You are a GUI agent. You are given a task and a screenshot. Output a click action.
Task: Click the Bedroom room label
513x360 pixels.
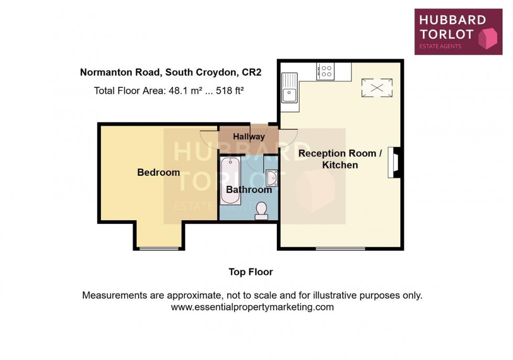click(158, 172)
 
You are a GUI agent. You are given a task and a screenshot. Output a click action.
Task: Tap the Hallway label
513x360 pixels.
click(249, 137)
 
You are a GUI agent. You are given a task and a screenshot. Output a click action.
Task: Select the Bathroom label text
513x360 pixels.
click(249, 189)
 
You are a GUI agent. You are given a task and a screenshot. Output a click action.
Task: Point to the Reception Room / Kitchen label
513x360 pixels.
click(337, 159)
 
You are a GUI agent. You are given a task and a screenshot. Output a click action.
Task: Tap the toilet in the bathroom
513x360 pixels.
click(261, 210)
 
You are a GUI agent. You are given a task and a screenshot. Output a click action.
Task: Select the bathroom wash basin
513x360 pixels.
click(272, 178)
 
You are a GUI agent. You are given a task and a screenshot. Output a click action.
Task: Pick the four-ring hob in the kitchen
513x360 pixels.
click(326, 71)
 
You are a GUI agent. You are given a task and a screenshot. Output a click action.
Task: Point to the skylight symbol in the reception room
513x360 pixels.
click(377, 87)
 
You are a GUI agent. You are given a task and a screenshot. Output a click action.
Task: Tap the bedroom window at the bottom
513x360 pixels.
click(159, 248)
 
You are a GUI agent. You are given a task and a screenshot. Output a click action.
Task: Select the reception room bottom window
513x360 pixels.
click(340, 248)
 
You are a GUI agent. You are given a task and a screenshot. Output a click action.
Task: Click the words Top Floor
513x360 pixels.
click(251, 272)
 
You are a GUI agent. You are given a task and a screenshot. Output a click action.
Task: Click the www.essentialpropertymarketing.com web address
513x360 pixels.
click(252, 307)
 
